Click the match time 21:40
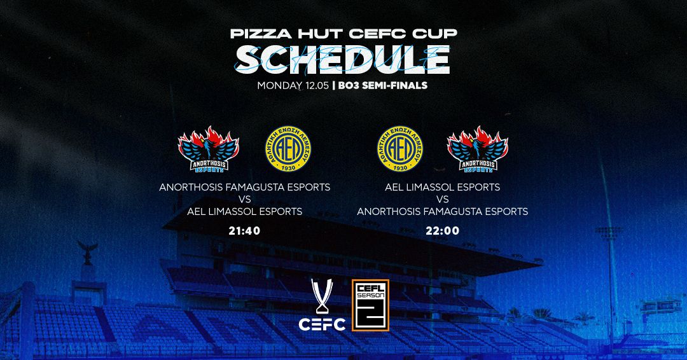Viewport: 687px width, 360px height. [244, 230]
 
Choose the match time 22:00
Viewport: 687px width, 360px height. [442, 230]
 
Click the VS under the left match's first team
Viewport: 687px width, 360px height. [244, 200]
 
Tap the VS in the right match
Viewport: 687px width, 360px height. [442, 200]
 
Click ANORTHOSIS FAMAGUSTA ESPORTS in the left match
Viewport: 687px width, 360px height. [244, 188]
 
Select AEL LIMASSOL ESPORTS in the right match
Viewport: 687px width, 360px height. [442, 188]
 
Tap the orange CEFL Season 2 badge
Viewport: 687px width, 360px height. [370, 305]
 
